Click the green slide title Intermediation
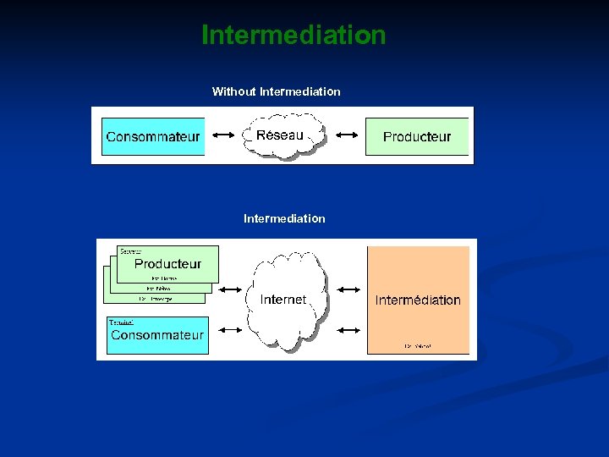(x=294, y=36)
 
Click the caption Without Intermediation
(x=276, y=91)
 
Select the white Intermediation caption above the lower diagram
(x=284, y=218)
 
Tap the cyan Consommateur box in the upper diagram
(x=153, y=136)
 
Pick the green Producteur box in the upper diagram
(x=417, y=136)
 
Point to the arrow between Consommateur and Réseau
(x=224, y=135)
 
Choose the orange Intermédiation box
(x=418, y=300)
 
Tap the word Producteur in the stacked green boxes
(x=168, y=263)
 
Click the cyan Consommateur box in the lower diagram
(x=157, y=335)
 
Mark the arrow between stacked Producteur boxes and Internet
(x=230, y=290)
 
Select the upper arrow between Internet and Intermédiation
(x=348, y=290)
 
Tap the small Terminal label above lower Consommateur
(x=121, y=322)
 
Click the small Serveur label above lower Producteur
(x=130, y=251)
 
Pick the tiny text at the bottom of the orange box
(x=418, y=346)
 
